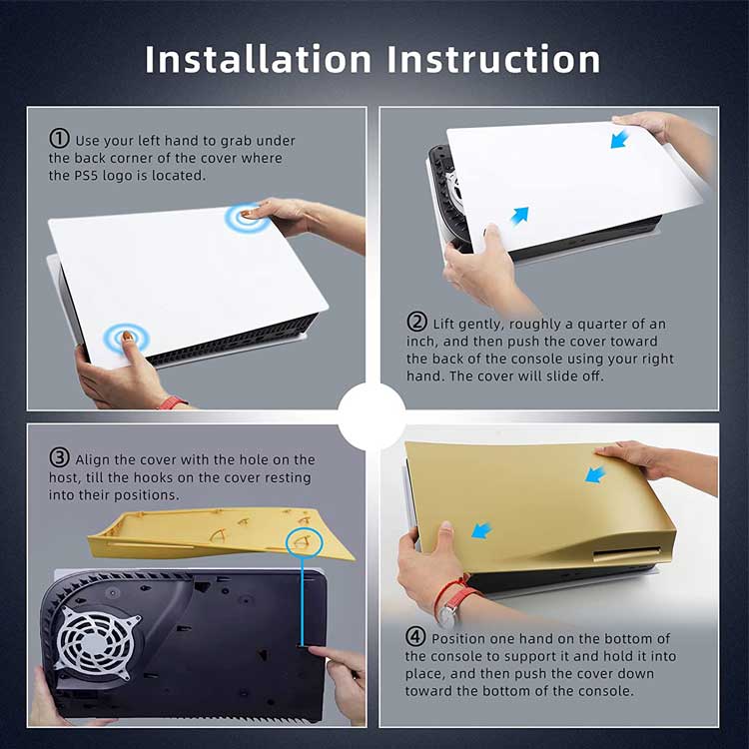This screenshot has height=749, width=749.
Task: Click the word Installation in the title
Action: click(259, 59)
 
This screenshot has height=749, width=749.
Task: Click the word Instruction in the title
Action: click(493, 59)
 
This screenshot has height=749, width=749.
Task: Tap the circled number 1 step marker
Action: click(59, 139)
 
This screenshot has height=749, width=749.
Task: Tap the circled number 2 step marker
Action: click(417, 322)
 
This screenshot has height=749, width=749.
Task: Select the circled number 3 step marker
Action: click(59, 457)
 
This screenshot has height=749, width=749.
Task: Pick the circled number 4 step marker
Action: click(415, 637)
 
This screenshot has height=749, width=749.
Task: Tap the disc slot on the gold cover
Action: click(627, 554)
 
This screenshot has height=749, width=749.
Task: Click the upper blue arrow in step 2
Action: click(619, 139)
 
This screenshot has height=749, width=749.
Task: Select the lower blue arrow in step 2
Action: click(519, 216)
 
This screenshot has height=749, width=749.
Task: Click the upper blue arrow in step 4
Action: click(595, 473)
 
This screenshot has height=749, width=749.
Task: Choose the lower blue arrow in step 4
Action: click(481, 530)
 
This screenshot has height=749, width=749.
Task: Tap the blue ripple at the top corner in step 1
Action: click(248, 218)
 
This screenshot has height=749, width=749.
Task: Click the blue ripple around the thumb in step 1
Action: click(127, 339)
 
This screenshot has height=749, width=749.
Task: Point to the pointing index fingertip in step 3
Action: click(312, 650)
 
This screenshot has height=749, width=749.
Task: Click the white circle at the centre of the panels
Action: click(373, 417)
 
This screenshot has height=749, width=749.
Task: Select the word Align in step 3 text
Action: click(93, 459)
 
